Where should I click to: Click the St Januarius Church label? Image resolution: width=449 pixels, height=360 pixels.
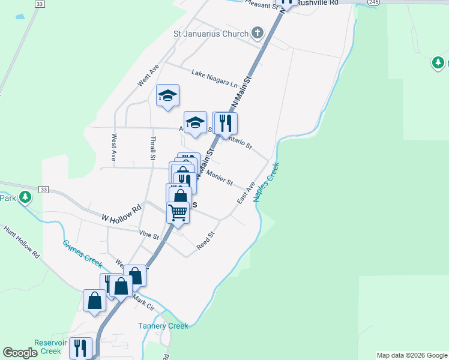(x=210, y=34)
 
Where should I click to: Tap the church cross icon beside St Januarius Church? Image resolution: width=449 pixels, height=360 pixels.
(x=258, y=32)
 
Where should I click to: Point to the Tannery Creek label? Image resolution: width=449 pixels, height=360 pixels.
(x=163, y=326)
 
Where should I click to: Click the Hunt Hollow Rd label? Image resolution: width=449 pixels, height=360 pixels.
(x=21, y=241)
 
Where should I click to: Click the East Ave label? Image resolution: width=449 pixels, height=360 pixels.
(x=246, y=192)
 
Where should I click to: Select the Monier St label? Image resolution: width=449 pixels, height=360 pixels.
(x=218, y=178)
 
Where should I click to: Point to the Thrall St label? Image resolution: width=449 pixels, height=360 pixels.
(x=152, y=147)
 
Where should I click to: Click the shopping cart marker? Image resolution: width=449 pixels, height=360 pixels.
(x=178, y=212)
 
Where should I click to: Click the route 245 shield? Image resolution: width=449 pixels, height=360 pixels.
(x=373, y=2)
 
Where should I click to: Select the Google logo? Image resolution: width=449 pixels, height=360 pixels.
(x=20, y=353)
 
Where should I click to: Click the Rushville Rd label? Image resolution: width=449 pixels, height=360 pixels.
(x=318, y=3)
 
